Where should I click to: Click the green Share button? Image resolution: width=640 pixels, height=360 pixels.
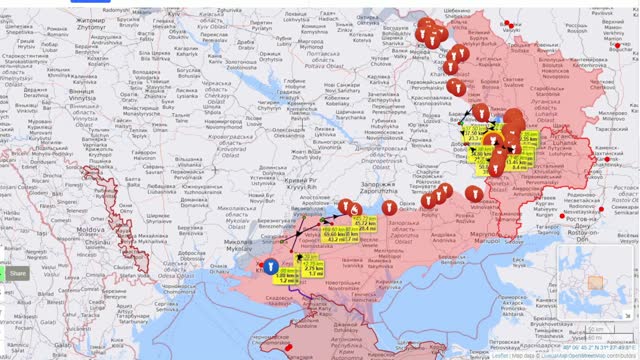[17, 274]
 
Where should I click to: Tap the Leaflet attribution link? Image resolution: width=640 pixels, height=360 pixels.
[499, 354]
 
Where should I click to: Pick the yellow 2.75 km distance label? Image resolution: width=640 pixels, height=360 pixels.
[313, 270]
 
